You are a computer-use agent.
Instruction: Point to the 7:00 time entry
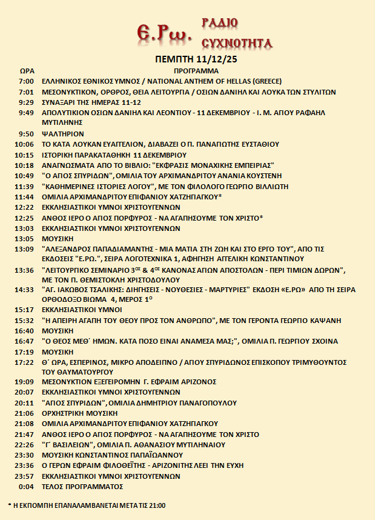[x=26, y=81]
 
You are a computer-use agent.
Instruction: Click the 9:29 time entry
[x=26, y=102]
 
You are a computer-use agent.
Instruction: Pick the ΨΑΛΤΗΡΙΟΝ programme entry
[x=62, y=133]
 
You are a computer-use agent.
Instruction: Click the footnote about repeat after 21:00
[x=87, y=505]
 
